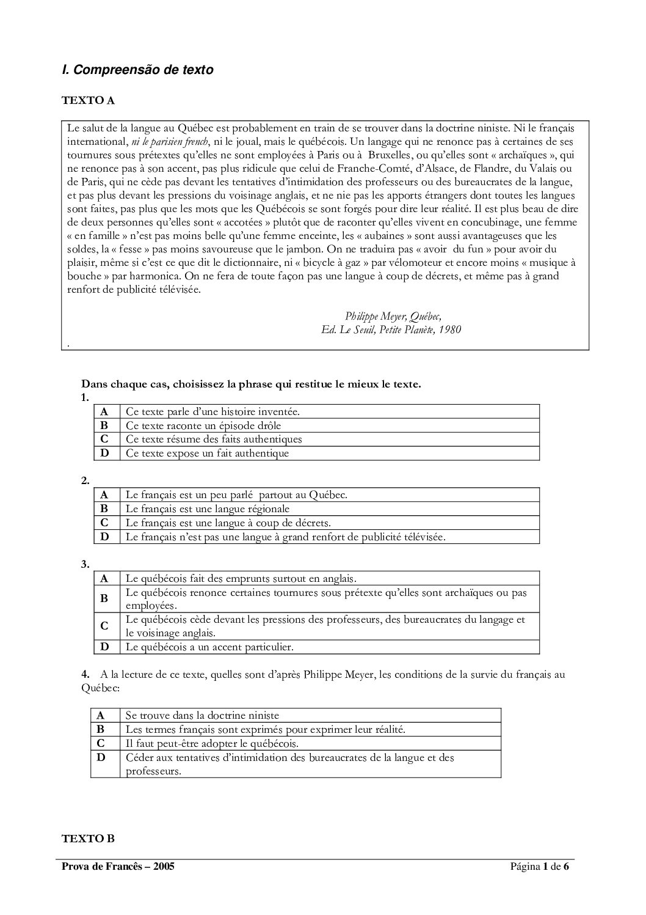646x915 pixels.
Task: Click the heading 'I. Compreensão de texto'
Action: pyautogui.click(x=137, y=70)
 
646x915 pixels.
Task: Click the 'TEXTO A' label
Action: pyautogui.click(x=88, y=101)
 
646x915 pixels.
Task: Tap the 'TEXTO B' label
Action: pyautogui.click(x=88, y=839)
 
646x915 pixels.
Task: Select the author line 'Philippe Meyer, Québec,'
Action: pyautogui.click(x=393, y=316)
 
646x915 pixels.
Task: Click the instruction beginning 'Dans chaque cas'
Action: pyautogui.click(x=251, y=384)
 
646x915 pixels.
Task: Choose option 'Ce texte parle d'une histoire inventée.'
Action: pyautogui.click(x=212, y=411)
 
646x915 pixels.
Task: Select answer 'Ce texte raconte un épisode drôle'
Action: pyautogui.click(x=203, y=425)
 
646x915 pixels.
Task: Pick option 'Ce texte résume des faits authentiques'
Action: pyautogui.click(x=214, y=439)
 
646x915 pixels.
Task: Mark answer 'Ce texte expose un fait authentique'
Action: pyautogui.click(x=207, y=454)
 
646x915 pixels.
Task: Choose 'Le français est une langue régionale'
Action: pyautogui.click(x=208, y=509)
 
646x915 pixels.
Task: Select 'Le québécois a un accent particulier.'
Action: pyautogui.click(x=209, y=647)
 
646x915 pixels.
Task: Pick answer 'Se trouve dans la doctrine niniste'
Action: pyautogui.click(x=202, y=715)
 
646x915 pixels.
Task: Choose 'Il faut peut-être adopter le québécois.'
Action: pyautogui.click(x=212, y=744)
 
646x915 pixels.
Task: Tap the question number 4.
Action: pyautogui.click(x=85, y=675)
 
